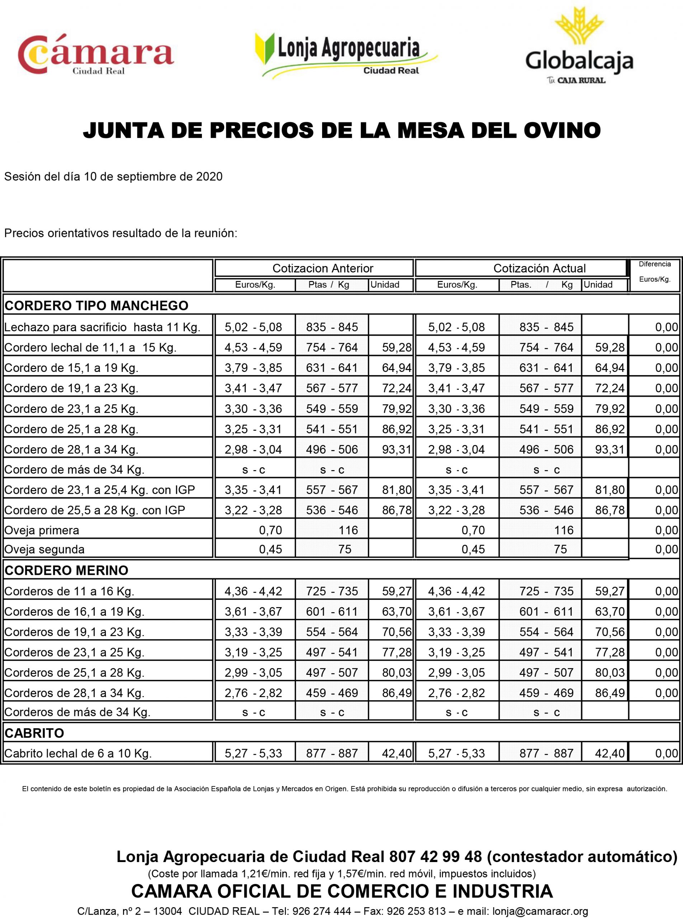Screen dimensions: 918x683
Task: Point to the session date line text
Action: tap(113, 176)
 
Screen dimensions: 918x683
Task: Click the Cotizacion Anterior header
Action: tap(322, 268)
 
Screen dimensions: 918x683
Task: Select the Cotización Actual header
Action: tap(539, 268)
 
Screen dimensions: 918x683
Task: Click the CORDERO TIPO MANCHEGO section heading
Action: tap(96, 306)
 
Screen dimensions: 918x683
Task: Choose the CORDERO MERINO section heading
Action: tap(66, 571)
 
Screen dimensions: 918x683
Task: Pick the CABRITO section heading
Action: tap(34, 733)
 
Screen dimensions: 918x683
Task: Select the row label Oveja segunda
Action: tap(44, 549)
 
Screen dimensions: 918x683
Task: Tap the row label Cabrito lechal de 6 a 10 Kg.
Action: tap(78, 753)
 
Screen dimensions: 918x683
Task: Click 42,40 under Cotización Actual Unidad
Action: tap(609, 753)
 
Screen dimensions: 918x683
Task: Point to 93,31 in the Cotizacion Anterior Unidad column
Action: tap(396, 449)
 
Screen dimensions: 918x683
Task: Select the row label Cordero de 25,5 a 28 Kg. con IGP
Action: tap(95, 510)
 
